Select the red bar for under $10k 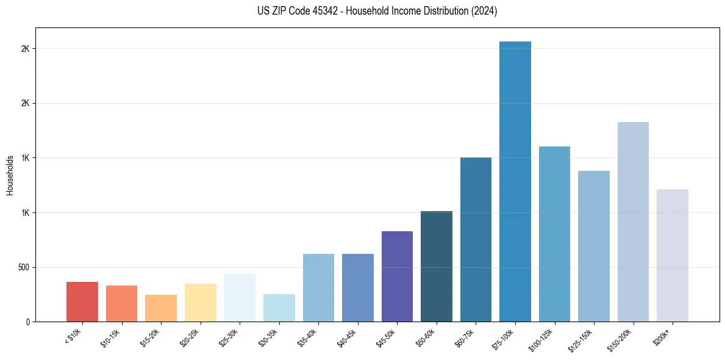(82, 301)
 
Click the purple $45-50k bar (397, 276)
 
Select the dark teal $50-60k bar (437, 266)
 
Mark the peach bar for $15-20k (161, 308)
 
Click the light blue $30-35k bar (279, 308)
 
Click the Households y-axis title (10, 175)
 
